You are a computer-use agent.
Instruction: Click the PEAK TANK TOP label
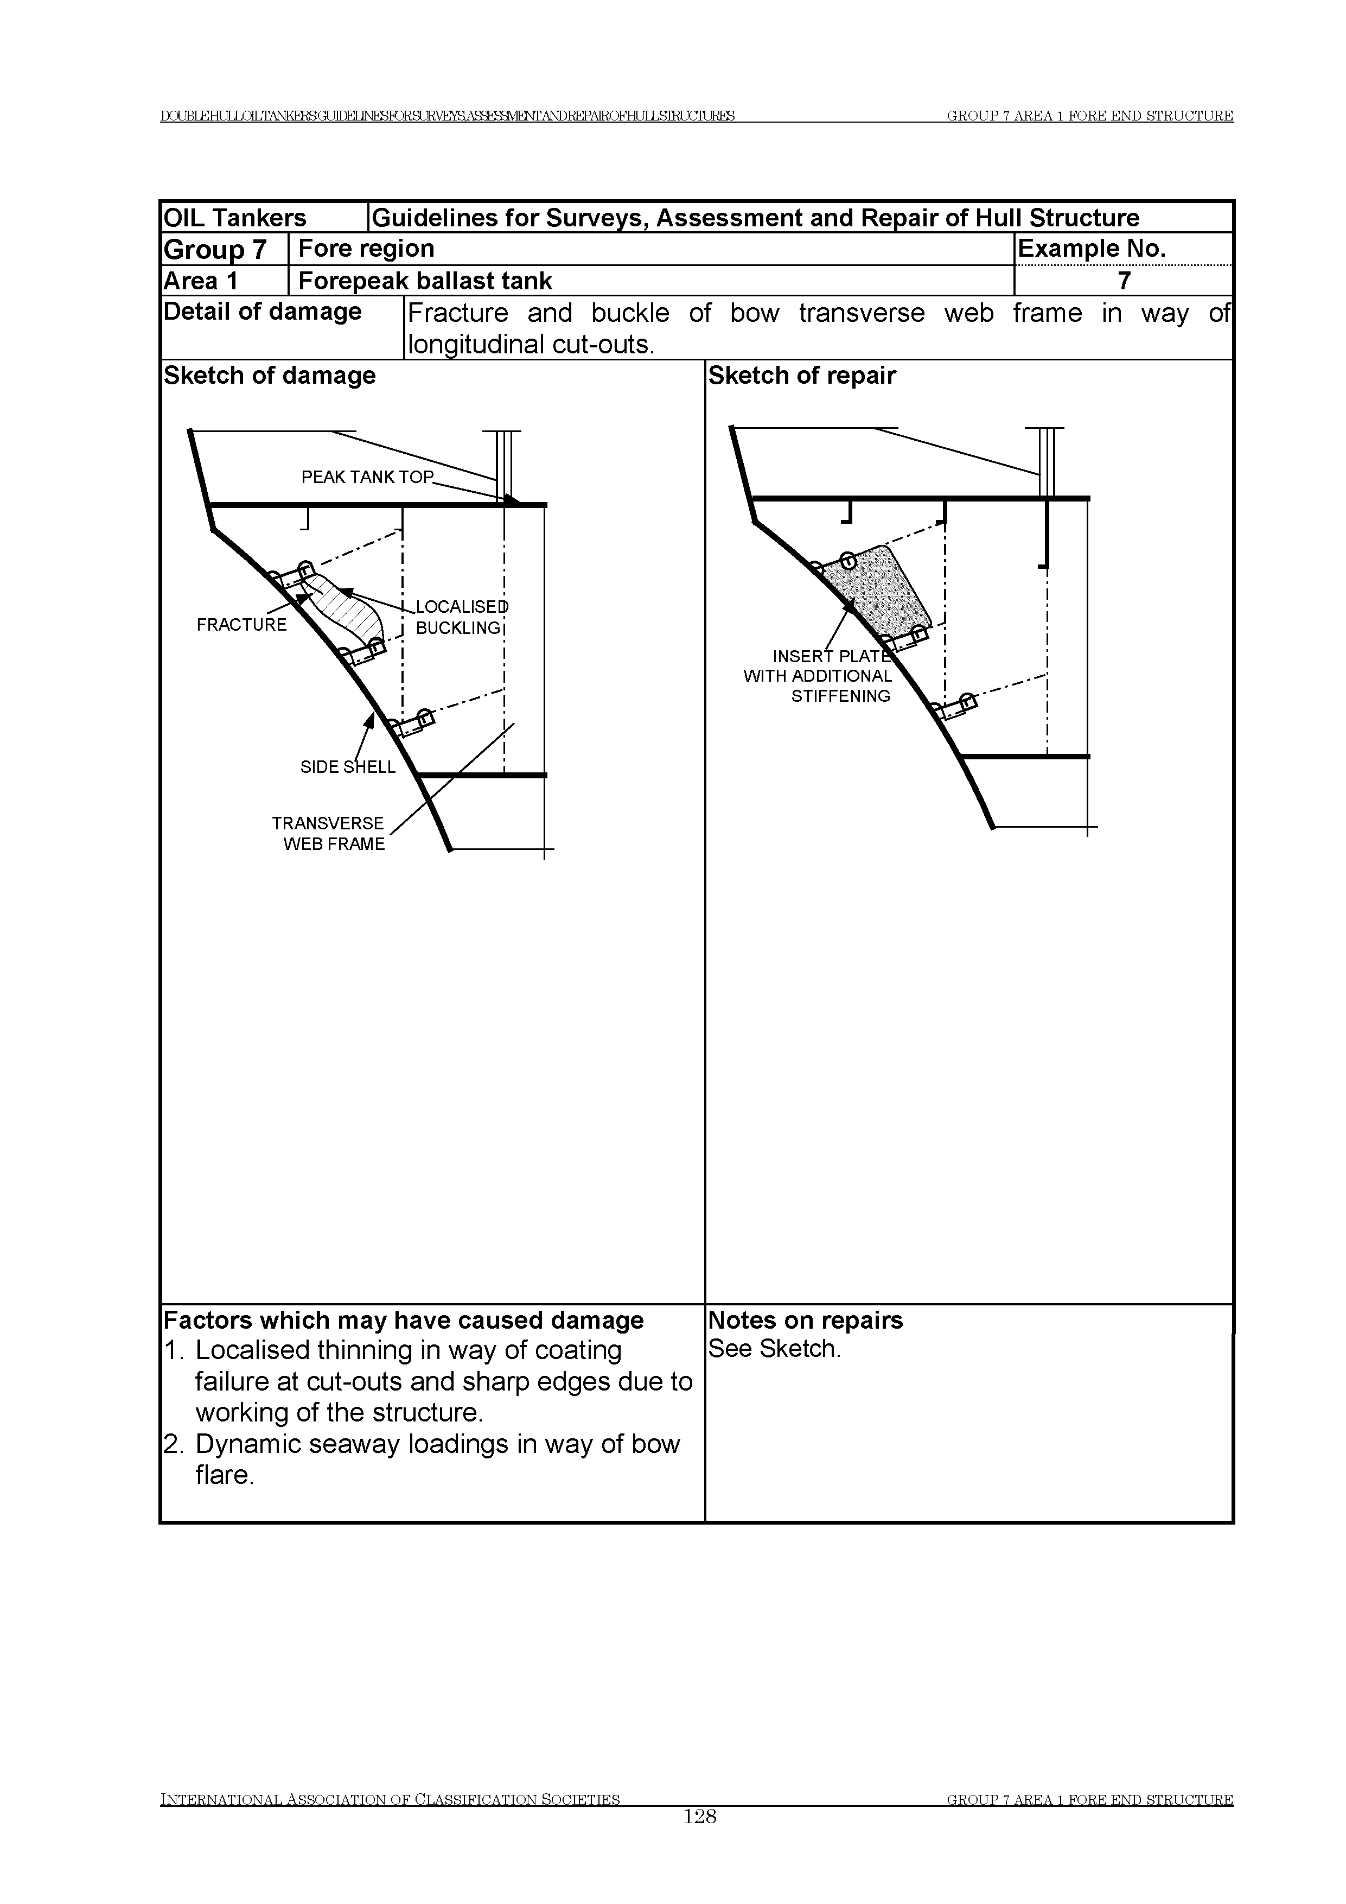pos(367,478)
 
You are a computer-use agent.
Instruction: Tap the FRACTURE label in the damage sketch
pos(241,625)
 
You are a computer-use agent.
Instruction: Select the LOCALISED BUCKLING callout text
pos(461,618)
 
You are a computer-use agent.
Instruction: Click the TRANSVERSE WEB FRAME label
pos(328,834)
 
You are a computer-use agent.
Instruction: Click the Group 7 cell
pos(215,249)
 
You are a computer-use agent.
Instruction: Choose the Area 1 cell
pos(201,281)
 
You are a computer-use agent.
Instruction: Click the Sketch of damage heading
pos(270,376)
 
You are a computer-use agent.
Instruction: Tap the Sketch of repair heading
pos(801,376)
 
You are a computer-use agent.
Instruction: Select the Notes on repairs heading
pos(805,1320)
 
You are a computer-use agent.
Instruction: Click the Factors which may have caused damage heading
pos(404,1320)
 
